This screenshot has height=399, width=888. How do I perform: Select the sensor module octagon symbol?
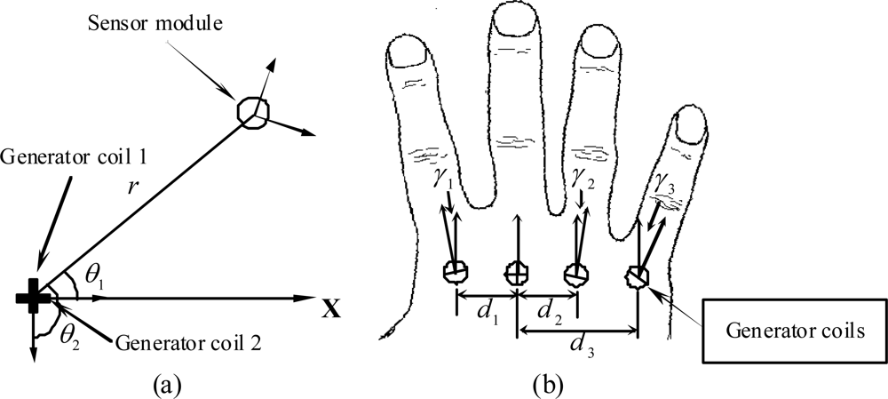click(x=252, y=111)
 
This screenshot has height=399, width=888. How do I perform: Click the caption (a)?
click(x=169, y=384)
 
